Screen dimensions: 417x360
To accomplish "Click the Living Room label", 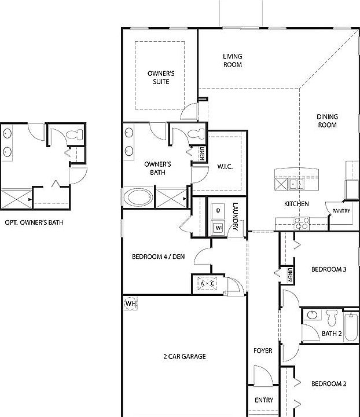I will click(x=233, y=61).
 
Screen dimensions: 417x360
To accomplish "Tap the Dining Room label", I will click(x=327, y=120).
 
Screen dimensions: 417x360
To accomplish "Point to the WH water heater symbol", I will click(x=131, y=303).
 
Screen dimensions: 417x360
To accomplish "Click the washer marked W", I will click(x=218, y=228).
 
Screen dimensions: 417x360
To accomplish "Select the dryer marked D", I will click(x=218, y=210).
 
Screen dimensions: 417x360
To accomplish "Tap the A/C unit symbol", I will click(x=207, y=283).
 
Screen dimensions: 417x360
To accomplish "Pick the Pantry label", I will click(x=341, y=211).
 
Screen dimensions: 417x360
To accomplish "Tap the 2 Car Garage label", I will click(x=184, y=357).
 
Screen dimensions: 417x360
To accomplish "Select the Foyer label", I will click(x=263, y=351).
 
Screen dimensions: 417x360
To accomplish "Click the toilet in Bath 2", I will click(x=332, y=317).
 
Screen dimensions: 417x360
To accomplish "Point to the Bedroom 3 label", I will click(x=328, y=269).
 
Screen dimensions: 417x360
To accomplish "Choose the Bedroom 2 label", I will click(x=328, y=384).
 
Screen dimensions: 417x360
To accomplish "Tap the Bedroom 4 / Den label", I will click(x=158, y=257).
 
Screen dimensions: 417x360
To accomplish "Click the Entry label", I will click(x=264, y=400).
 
